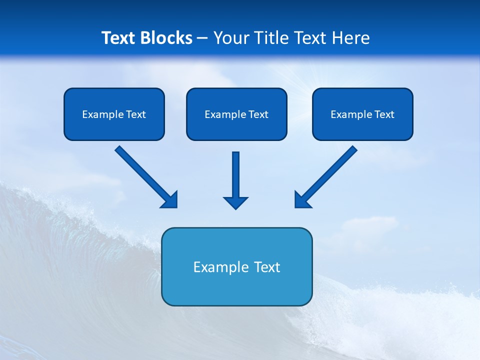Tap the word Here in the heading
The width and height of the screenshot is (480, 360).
tap(351, 38)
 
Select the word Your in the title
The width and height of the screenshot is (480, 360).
tap(231, 38)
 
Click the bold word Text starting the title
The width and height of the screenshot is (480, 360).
tap(120, 38)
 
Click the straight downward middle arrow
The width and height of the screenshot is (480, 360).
tap(235, 175)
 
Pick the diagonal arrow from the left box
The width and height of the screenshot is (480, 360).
tap(142, 174)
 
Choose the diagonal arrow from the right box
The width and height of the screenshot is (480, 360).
tap(330, 174)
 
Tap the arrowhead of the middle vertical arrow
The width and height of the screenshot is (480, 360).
tap(235, 202)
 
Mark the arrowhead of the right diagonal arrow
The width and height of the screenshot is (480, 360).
tap(302, 200)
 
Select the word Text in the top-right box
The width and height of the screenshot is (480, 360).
tap(384, 114)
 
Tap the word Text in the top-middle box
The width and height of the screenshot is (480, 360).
tap(258, 114)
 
